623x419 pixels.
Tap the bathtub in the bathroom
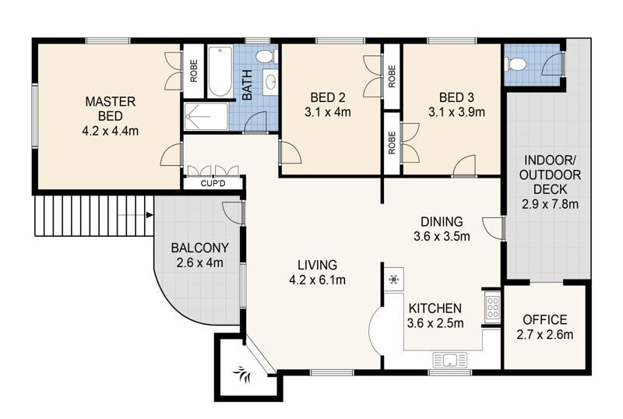coord(220,72)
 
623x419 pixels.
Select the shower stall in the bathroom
coord(206,117)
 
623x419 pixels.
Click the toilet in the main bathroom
coord(266,56)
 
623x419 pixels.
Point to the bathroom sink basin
coord(271,83)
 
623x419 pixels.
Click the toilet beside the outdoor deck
coord(516,64)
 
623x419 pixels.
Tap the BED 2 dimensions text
coord(328,112)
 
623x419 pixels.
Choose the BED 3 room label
coord(456,97)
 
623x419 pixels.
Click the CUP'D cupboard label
coord(213,184)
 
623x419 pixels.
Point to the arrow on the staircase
coord(136,215)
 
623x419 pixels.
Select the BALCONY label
coord(200,248)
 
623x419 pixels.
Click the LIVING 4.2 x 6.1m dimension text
coord(318,280)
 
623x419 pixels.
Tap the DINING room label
coord(442,221)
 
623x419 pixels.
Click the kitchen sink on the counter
coord(450,360)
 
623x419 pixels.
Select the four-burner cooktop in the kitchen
coord(493,307)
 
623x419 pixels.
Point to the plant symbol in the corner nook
coord(242,374)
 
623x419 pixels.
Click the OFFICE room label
coord(544,319)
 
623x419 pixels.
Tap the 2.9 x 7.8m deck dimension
coord(550,204)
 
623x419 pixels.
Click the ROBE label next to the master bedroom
coord(194,71)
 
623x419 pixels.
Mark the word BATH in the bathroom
coord(247,85)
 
